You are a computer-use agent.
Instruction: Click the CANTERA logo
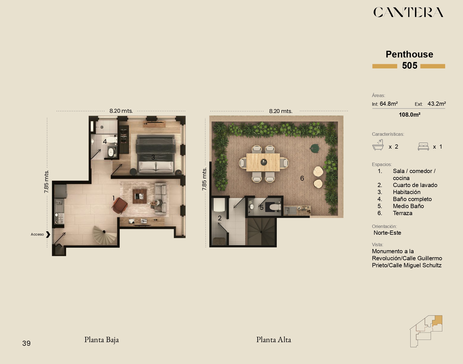tap(408, 12)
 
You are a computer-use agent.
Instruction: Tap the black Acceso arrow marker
tap(48, 234)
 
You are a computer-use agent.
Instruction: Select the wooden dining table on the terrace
tap(263, 162)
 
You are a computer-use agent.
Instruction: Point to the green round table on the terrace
tap(315, 148)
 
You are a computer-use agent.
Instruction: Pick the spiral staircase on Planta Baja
tap(105, 235)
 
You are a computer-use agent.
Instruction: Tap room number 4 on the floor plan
tap(105, 142)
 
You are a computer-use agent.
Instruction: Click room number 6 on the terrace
tap(302, 178)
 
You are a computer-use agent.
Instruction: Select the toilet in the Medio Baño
tap(275, 207)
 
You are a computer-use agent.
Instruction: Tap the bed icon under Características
tap(423, 146)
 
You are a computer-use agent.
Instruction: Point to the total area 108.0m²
tap(410, 115)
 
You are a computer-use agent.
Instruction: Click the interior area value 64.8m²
tap(389, 104)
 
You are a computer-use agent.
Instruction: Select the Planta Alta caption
tap(274, 340)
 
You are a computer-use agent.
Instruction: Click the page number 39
tap(26, 343)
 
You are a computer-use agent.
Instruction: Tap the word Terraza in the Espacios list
tap(402, 213)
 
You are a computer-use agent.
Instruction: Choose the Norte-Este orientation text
tap(387, 233)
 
